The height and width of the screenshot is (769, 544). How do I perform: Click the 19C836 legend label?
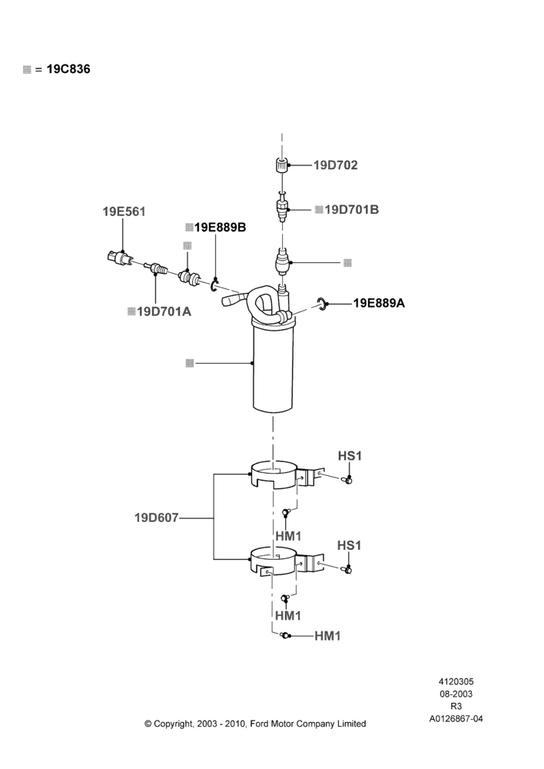pyautogui.click(x=68, y=69)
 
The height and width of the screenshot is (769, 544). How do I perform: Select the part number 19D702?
pyautogui.click(x=335, y=165)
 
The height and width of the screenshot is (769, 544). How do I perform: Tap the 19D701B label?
pyautogui.click(x=351, y=210)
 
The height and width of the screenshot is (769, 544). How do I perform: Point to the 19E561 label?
pyautogui.click(x=124, y=212)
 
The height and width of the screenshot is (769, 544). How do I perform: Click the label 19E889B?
pyautogui.click(x=220, y=228)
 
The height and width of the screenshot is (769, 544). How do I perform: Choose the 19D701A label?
pyautogui.click(x=164, y=311)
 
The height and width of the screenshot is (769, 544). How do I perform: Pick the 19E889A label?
pyautogui.click(x=379, y=303)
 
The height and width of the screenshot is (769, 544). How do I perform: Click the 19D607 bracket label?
pyautogui.click(x=156, y=518)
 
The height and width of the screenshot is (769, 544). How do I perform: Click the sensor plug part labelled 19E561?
pyautogui.click(x=119, y=258)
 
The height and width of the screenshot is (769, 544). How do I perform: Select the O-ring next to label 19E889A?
pyautogui.click(x=321, y=303)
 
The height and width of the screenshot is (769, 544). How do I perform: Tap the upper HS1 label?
pyautogui.click(x=350, y=456)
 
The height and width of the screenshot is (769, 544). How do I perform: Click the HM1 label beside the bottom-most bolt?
pyautogui.click(x=327, y=636)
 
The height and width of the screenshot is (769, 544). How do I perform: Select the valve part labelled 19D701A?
pyautogui.click(x=156, y=268)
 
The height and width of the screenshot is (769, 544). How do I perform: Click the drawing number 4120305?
pyautogui.click(x=456, y=681)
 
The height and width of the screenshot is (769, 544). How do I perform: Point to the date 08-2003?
pyautogui.click(x=456, y=694)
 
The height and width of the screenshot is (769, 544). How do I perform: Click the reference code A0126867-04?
pyautogui.click(x=456, y=719)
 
